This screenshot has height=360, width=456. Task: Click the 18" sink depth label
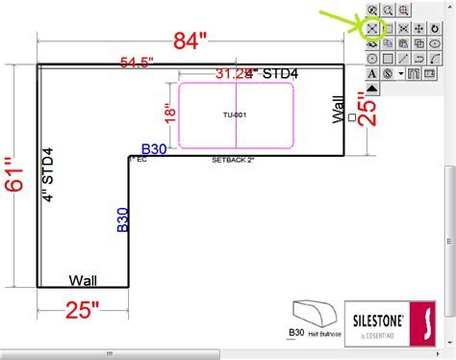click(x=170, y=115)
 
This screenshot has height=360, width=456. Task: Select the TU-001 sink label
click(x=235, y=116)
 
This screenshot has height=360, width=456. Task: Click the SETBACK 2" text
click(x=233, y=160)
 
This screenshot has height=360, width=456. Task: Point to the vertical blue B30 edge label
click(x=122, y=219)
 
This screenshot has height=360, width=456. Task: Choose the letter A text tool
click(x=371, y=73)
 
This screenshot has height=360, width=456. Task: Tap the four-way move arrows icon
click(x=419, y=28)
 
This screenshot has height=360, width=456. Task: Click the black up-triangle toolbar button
click(x=371, y=89)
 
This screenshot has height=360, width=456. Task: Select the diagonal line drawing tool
click(x=403, y=59)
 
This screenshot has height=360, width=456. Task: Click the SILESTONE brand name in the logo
click(x=383, y=317)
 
